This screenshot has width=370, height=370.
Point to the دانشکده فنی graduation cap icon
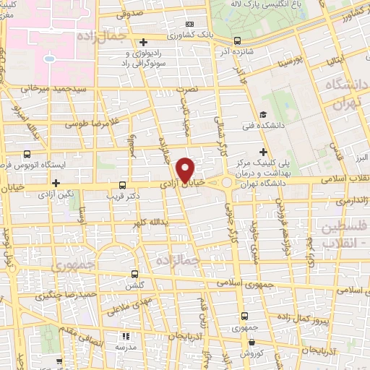(263, 113)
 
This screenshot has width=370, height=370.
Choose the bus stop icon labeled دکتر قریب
(122, 184)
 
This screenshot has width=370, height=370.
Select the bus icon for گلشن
(135, 274)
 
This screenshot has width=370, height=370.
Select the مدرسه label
(127, 348)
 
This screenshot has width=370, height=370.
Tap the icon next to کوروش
(250, 345)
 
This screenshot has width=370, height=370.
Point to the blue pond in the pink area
(49, 58)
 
